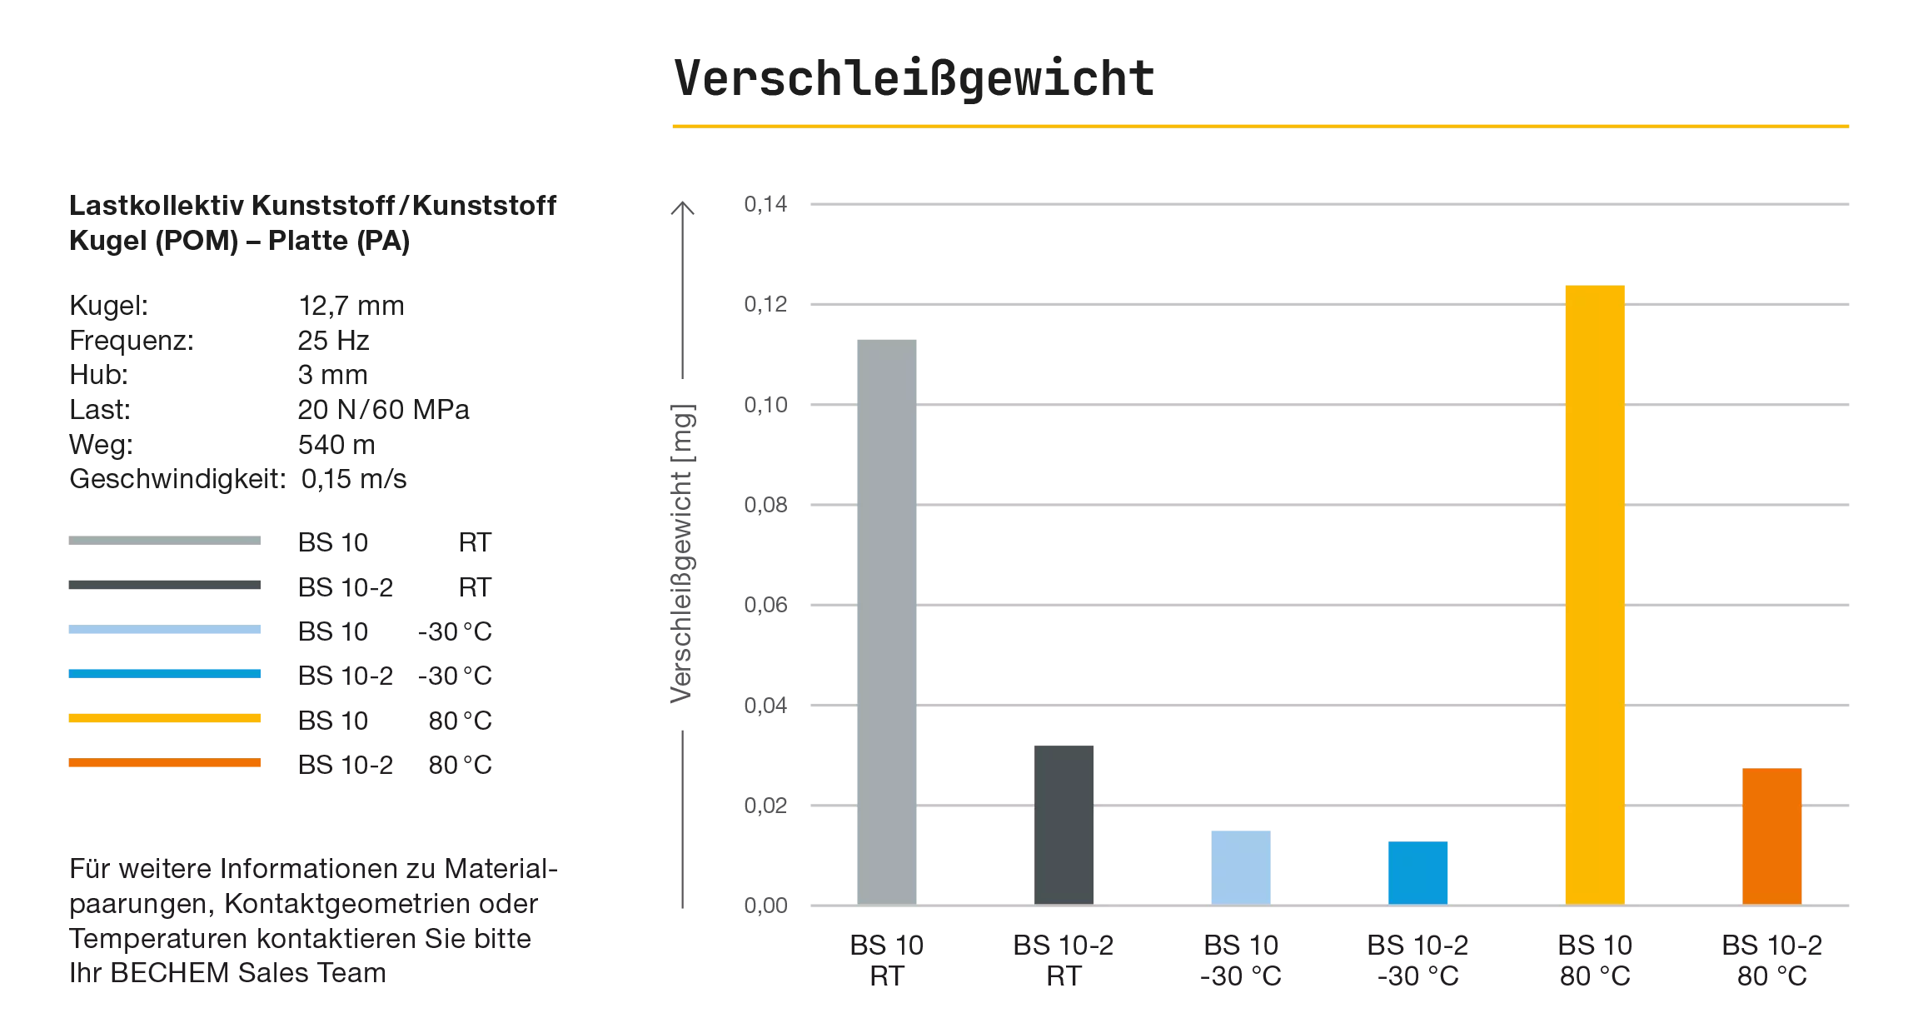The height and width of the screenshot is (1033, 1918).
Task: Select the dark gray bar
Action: coord(1065,821)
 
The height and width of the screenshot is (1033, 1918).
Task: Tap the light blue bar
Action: coord(1239,865)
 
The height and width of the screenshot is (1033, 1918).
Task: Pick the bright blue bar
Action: coord(1418,871)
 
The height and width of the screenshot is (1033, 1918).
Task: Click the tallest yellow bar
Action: coord(1593,592)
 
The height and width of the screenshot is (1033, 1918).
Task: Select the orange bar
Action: coord(1772,835)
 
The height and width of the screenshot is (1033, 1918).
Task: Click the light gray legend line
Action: coord(166,540)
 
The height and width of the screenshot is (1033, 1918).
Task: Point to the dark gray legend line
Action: coord(166,586)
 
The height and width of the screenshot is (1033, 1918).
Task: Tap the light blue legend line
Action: coord(166,631)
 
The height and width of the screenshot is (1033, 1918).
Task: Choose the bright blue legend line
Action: coord(166,673)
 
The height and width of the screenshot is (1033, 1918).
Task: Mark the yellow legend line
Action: coord(166,718)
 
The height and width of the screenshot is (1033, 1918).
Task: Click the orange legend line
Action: coord(166,763)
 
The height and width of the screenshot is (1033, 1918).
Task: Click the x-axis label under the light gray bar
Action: coord(886,959)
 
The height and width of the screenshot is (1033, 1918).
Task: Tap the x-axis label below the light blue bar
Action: coord(1240,959)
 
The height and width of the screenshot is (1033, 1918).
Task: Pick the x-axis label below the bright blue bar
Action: coord(1418,959)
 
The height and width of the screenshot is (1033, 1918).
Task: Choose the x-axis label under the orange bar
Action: coord(1772,959)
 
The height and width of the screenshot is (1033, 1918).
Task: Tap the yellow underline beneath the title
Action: coord(1258,127)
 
